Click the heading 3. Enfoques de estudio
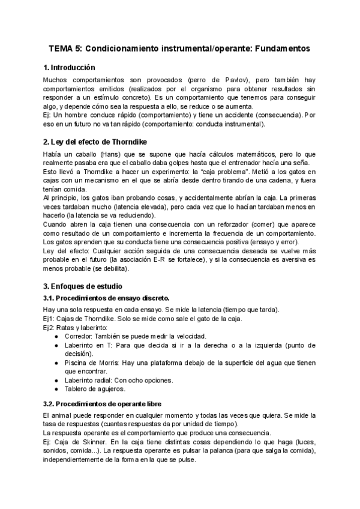[x=85, y=287]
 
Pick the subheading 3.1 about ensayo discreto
[x=107, y=298]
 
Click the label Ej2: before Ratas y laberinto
[x=51, y=327]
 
